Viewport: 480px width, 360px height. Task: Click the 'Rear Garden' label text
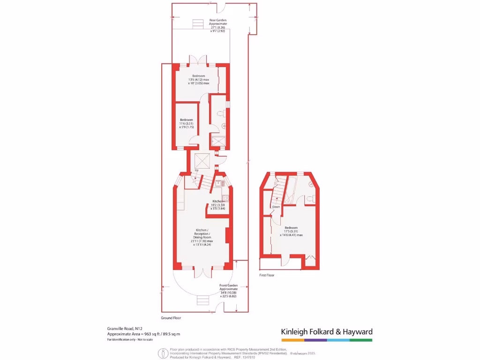coord(218,21)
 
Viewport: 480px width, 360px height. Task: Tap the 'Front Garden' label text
coord(229,285)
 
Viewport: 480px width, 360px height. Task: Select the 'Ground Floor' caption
coord(171,318)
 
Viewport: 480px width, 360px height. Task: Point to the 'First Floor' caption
coord(267,275)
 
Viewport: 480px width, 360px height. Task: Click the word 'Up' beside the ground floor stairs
coord(196,170)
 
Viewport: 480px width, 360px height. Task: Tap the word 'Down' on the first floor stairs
coord(276,207)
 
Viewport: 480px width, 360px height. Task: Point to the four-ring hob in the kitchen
coord(225,198)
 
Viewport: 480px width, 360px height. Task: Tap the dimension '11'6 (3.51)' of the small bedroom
coord(186,123)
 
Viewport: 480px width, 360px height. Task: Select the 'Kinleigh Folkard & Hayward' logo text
coord(327,331)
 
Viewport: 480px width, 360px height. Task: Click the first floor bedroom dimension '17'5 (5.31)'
coord(291,231)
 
